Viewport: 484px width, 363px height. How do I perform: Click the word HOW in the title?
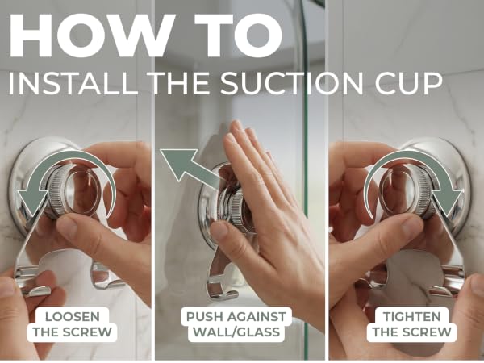point(89,35)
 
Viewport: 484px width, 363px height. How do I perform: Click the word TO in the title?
point(238,35)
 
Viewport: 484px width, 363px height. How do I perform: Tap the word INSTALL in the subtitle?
point(73,83)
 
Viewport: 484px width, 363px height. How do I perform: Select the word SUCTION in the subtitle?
point(292,83)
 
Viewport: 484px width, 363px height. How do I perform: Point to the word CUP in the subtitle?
point(409,83)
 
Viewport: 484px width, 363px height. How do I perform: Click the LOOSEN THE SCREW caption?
point(73,324)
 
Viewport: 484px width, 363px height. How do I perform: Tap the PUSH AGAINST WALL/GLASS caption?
point(236,324)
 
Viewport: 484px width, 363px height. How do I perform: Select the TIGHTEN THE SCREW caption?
point(411,324)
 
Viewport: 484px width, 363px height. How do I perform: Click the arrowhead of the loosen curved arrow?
point(31,202)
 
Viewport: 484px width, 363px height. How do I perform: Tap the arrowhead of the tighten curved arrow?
point(448,202)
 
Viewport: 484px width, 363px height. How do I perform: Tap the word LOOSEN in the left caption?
point(73,317)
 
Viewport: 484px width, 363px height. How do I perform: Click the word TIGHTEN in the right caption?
point(411,317)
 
